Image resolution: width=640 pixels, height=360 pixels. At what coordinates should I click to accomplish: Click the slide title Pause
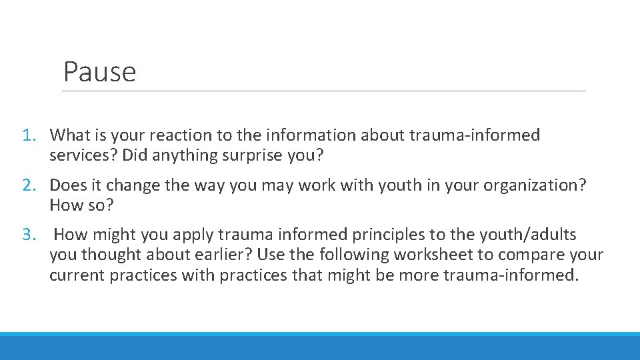99,72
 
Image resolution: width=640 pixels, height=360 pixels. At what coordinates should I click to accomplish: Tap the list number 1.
27,135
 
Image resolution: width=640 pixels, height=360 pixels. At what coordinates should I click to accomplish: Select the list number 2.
27,185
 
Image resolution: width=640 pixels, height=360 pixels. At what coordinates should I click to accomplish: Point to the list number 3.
27,235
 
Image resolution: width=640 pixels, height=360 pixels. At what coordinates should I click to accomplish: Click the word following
355,255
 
